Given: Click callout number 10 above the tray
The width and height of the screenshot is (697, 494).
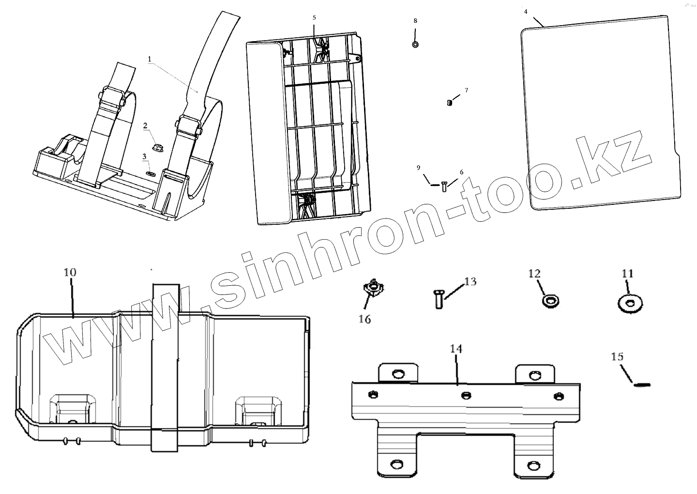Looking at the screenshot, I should point(70,272).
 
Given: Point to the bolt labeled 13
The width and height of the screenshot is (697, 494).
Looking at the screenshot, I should point(438,298).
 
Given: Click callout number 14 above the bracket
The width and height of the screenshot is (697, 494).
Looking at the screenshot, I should point(456,349).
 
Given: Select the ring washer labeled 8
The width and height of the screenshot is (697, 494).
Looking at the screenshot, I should point(415,45).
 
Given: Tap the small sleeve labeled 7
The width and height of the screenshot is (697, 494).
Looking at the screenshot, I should point(449,102).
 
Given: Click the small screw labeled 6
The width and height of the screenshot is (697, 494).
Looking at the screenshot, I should point(444,186).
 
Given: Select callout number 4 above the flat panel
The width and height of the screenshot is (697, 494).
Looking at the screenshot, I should point(526,11).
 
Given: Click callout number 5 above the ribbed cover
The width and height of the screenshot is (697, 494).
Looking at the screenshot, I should point(314,17).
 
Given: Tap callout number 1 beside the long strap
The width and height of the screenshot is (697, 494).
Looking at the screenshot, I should point(150,59).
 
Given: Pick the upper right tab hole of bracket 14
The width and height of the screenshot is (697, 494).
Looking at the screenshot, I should point(534,375).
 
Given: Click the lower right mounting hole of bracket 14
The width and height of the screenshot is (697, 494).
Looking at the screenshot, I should point(534,464).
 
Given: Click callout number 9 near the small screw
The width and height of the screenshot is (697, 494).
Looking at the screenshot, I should point(419,168).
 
